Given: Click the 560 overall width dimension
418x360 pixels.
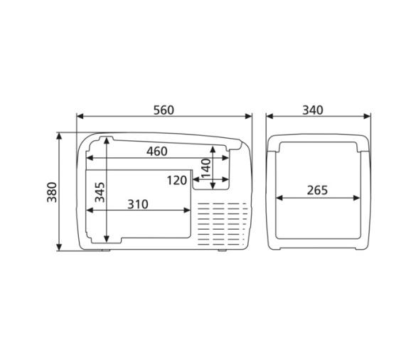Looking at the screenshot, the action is [164, 110].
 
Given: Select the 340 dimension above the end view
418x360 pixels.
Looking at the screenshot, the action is [313, 110].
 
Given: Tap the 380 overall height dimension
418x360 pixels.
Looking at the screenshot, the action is [52, 192].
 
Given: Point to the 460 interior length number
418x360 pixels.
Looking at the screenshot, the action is [157, 152].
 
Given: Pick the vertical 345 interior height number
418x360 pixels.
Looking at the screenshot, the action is [100, 192].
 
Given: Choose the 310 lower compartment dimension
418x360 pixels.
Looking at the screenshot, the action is [138, 204].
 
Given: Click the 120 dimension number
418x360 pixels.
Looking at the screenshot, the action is [177, 181].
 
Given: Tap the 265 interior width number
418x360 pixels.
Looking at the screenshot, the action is [317, 190].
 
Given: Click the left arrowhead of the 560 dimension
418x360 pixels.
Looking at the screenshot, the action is [80, 117].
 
